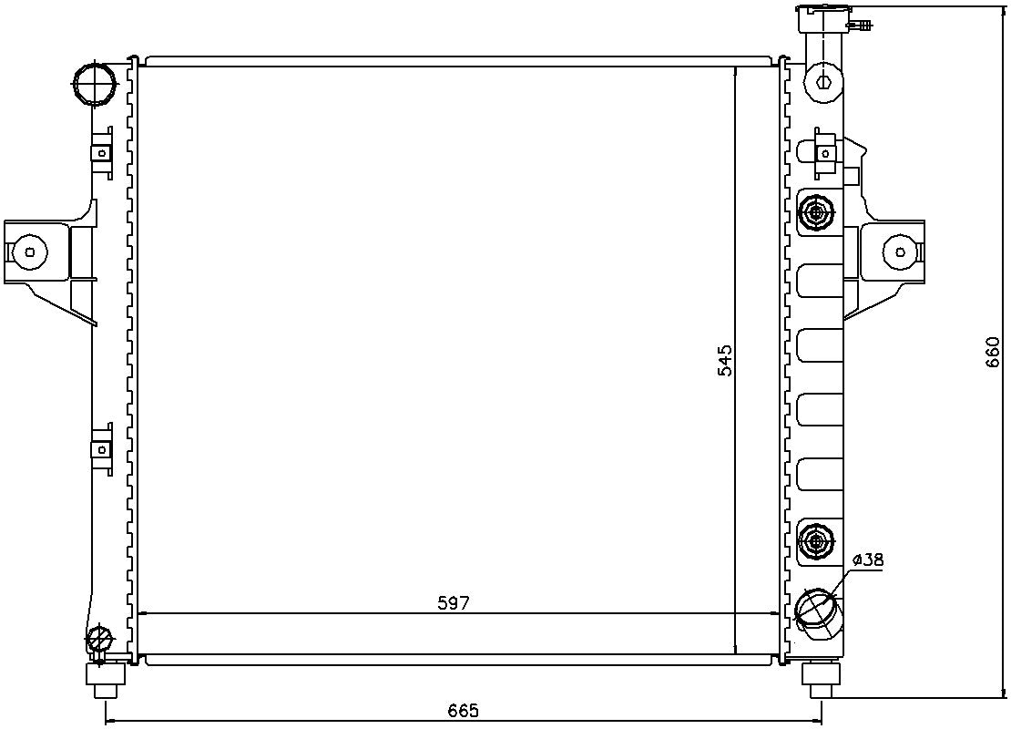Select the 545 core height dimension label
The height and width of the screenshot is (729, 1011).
[x=724, y=360]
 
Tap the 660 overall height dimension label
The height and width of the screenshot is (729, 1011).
[x=993, y=353]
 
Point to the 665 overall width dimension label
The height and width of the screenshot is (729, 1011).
[x=463, y=710]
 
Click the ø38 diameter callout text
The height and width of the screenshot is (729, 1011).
[x=867, y=560]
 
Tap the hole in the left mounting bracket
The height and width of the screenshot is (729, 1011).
[x=30, y=252]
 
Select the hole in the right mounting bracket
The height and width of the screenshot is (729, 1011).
[x=900, y=252]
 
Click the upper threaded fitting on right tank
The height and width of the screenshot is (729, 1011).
[x=814, y=213]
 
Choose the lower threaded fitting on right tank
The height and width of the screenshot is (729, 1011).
[x=814, y=542]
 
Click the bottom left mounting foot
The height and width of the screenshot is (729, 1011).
[x=106, y=677]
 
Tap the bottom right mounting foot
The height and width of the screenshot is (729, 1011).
[x=819, y=675]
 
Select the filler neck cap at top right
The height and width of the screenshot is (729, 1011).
[x=824, y=18]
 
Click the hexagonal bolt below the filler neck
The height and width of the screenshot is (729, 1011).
[x=823, y=80]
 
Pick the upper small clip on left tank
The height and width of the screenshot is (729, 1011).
[x=102, y=152]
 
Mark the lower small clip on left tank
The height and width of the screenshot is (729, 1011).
[x=102, y=448]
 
